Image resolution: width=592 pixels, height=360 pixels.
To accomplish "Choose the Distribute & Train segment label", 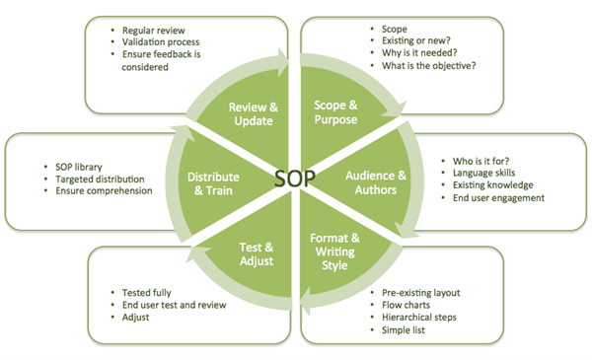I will coord(212,184).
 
